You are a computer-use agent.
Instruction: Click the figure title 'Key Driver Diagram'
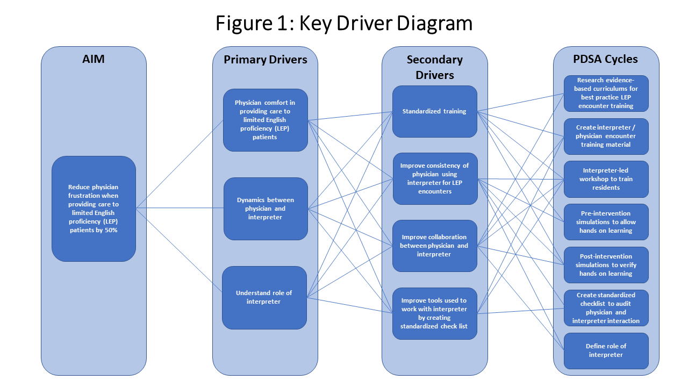344,23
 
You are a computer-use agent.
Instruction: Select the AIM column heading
94,59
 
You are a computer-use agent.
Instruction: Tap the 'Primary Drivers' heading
266,59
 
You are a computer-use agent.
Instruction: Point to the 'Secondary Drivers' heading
435,67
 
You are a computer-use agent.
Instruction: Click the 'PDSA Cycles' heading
606,59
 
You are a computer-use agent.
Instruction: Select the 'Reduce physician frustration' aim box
94,209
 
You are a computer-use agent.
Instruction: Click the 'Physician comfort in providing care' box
266,120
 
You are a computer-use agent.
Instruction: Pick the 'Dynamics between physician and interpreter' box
266,209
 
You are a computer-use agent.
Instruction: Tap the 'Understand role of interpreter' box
264,297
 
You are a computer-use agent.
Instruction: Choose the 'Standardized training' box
435,111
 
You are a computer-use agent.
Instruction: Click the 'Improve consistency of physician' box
435,178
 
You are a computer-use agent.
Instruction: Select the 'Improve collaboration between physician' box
435,246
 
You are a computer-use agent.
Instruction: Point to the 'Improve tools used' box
435,313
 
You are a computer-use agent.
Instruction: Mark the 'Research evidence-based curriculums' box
606,94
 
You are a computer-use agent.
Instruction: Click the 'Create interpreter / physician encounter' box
606,137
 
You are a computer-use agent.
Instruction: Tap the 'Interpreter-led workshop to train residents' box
606,179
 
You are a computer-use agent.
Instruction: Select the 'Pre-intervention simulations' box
606,222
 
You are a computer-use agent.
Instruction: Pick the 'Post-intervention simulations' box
606,265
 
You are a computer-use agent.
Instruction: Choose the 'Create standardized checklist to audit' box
606,308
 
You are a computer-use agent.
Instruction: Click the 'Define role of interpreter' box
606,350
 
